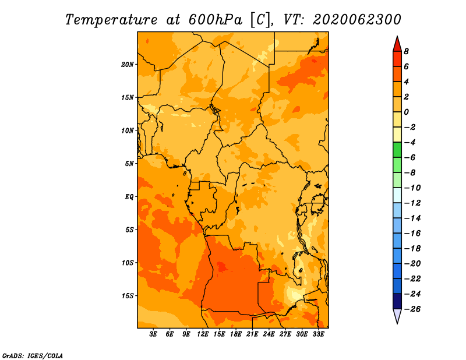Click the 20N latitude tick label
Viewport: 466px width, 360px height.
127,65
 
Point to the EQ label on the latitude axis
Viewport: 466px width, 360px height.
129,197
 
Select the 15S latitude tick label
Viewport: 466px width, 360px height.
127,296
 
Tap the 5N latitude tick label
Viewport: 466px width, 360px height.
129,164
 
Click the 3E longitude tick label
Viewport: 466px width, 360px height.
153,334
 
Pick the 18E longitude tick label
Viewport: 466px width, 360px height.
236,334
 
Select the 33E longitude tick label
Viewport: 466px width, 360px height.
318,334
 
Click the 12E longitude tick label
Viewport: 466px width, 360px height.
203,334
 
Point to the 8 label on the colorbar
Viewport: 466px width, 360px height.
406,51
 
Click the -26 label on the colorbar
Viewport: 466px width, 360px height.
412,309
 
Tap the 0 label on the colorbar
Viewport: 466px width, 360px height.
406,112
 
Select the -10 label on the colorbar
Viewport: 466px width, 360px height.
412,188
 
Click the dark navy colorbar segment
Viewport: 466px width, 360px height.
397,301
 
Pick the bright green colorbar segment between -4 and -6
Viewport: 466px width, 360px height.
397,150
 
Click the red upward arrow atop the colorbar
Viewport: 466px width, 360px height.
397,44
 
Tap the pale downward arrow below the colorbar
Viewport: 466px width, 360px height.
397,316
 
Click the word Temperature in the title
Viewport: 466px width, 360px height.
111,20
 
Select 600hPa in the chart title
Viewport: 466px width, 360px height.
215,20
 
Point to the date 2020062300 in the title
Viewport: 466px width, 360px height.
357,20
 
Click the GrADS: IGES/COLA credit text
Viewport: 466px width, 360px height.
33,356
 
